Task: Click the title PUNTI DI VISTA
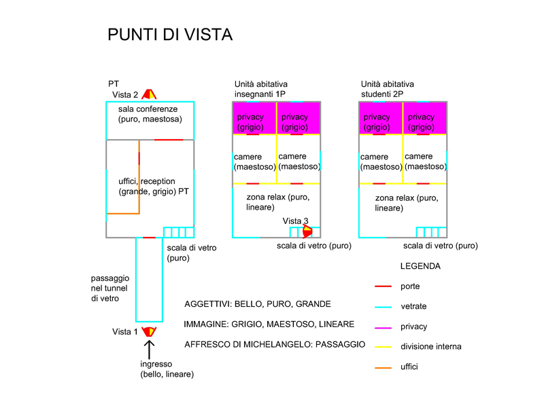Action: pos(170,35)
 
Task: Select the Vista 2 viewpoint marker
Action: pos(149,94)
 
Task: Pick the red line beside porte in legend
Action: pos(383,286)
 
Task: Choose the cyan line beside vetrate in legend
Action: pos(383,307)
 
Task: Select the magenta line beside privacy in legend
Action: pos(383,327)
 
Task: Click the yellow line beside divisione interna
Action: pos(383,347)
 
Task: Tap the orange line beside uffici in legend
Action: pos(383,367)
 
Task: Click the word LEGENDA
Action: pos(420,266)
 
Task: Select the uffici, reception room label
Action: pos(153,187)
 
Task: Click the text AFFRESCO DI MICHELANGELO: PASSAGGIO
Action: pos(275,345)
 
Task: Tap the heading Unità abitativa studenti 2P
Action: pos(388,88)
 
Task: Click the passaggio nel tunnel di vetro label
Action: pos(110,288)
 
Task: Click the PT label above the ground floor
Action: pos(114,83)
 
